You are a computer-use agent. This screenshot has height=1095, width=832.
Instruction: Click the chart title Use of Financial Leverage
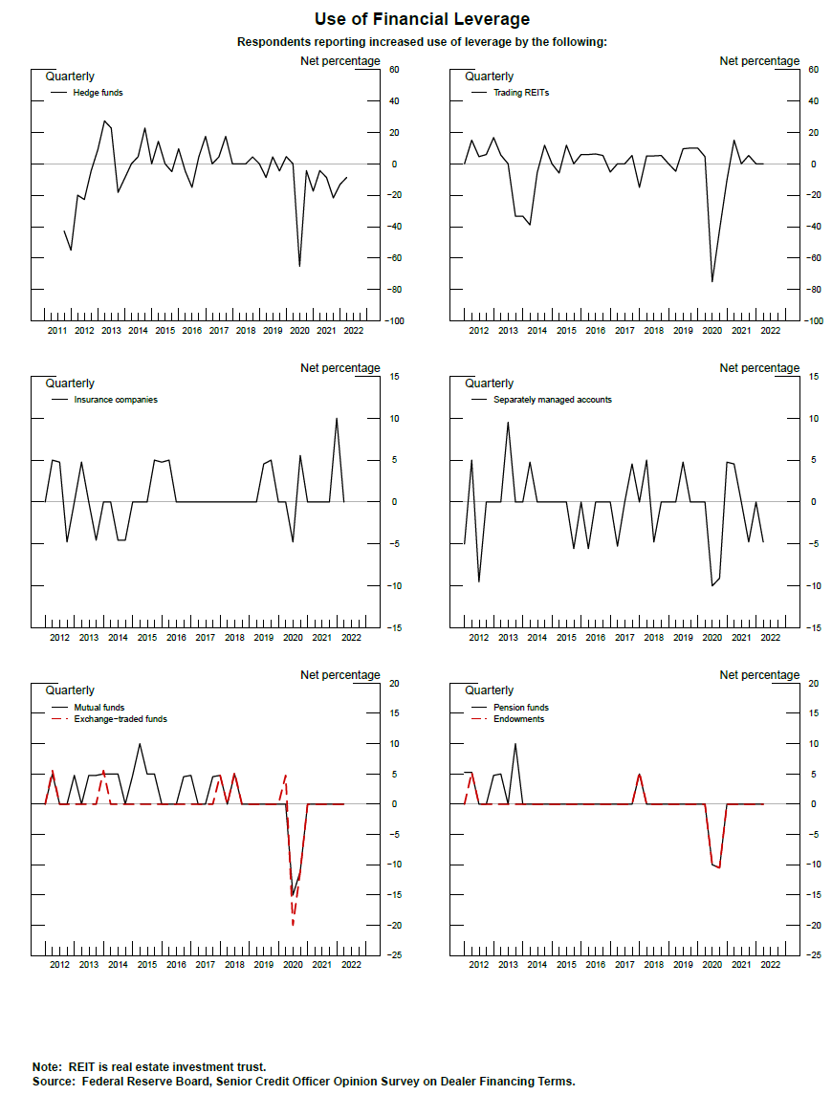click(x=422, y=19)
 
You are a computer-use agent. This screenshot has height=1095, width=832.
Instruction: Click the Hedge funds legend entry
click(x=98, y=93)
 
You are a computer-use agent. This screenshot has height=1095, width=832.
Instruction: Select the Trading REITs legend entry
click(x=520, y=93)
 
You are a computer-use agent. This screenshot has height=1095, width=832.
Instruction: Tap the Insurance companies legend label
click(x=115, y=400)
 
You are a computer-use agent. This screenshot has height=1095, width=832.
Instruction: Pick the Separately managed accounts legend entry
click(x=552, y=400)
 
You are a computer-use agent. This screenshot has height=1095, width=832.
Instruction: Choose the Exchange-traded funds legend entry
click(x=120, y=718)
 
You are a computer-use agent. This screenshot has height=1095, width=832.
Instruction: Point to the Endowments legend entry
click(x=518, y=718)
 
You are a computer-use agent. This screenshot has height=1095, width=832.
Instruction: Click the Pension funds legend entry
click(x=520, y=708)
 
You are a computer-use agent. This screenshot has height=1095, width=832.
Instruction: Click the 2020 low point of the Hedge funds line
click(x=299, y=266)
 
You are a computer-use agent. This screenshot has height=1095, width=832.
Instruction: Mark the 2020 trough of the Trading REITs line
click(x=712, y=281)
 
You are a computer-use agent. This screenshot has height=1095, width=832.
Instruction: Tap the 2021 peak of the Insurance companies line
click(x=337, y=418)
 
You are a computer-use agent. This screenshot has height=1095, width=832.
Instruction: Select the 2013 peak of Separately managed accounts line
click(x=508, y=423)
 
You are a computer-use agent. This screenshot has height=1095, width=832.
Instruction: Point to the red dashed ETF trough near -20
click(x=293, y=925)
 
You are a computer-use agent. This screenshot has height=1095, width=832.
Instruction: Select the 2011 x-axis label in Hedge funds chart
click(x=56, y=331)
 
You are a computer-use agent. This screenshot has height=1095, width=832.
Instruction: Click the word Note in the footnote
click(x=46, y=1066)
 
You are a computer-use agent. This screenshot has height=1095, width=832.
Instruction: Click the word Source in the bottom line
click(x=54, y=1081)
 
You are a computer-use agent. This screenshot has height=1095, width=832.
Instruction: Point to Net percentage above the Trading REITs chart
click(x=759, y=61)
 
